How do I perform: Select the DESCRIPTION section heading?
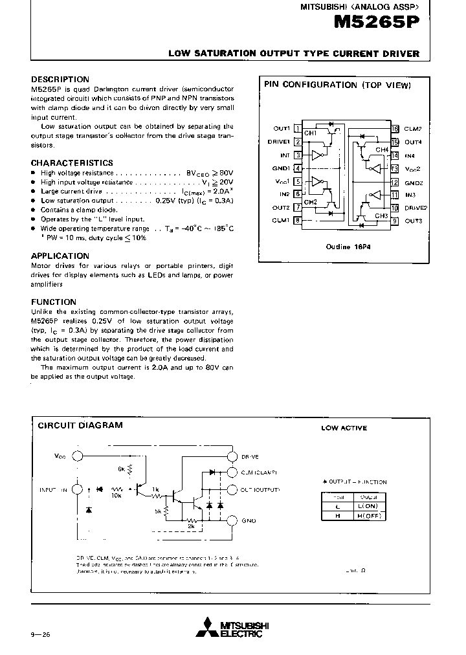[60, 79]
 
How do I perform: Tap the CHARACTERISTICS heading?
[72, 163]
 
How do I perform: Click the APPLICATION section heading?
[60, 256]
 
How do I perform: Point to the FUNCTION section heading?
[54, 302]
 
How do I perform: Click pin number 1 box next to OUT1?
[297, 129]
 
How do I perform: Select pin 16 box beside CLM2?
[394, 129]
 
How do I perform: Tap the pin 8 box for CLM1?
[297, 221]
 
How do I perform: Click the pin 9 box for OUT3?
[394, 221]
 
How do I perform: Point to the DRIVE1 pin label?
[279, 142]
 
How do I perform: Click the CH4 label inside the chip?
[381, 150]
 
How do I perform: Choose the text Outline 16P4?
[344, 247]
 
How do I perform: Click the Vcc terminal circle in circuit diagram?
[77, 456]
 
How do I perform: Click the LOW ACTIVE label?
[344, 428]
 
